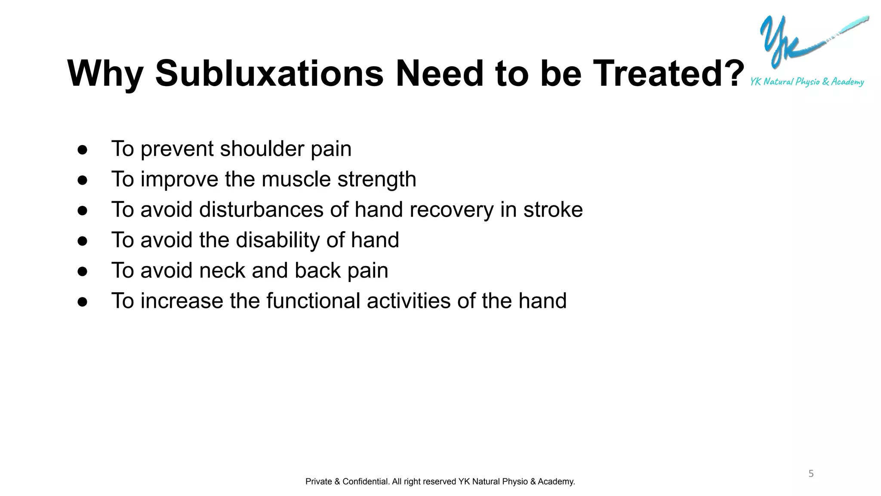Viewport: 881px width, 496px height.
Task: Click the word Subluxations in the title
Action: [269, 73]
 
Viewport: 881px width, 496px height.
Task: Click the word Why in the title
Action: [105, 74]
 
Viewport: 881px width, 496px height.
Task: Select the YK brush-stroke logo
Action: [800, 41]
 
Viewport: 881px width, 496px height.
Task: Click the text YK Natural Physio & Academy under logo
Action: [807, 81]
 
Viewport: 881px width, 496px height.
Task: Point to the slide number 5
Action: [811, 474]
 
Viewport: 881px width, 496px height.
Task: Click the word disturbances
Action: [261, 210]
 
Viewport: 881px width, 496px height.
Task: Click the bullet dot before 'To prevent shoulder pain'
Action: [83, 150]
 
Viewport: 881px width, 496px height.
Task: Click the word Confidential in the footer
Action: [366, 481]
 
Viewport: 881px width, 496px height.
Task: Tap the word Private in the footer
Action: [318, 481]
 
